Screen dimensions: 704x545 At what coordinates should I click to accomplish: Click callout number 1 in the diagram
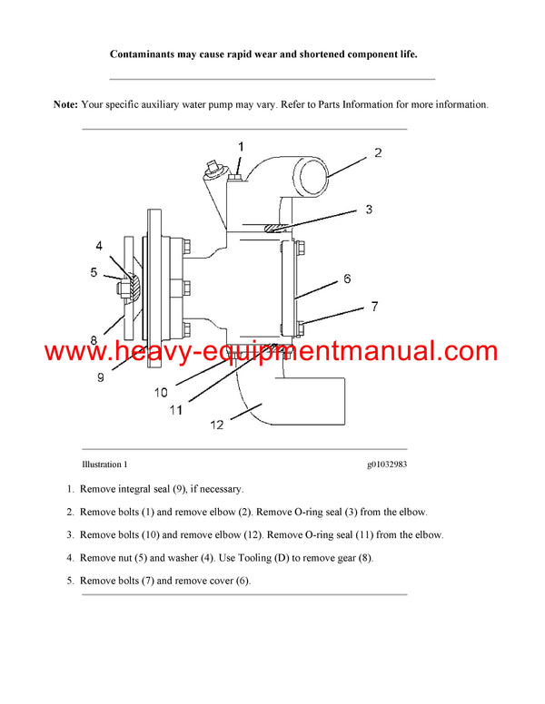click(241, 146)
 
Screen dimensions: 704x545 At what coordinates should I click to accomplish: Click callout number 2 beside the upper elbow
click(377, 153)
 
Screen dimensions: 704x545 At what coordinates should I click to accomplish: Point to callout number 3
click(369, 210)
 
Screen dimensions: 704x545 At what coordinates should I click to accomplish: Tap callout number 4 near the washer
click(99, 244)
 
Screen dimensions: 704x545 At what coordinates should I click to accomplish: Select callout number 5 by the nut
click(93, 271)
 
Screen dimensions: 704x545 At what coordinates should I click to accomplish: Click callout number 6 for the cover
click(347, 279)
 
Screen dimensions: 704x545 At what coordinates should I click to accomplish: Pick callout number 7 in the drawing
click(373, 308)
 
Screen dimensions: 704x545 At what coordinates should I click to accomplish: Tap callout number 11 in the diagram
click(176, 409)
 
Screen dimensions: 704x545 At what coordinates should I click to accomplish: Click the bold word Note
click(65, 104)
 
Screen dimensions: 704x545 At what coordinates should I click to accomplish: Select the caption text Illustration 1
click(104, 464)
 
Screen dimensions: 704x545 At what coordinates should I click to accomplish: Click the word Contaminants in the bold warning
click(145, 54)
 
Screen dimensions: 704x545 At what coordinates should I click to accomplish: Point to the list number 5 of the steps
click(70, 581)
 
